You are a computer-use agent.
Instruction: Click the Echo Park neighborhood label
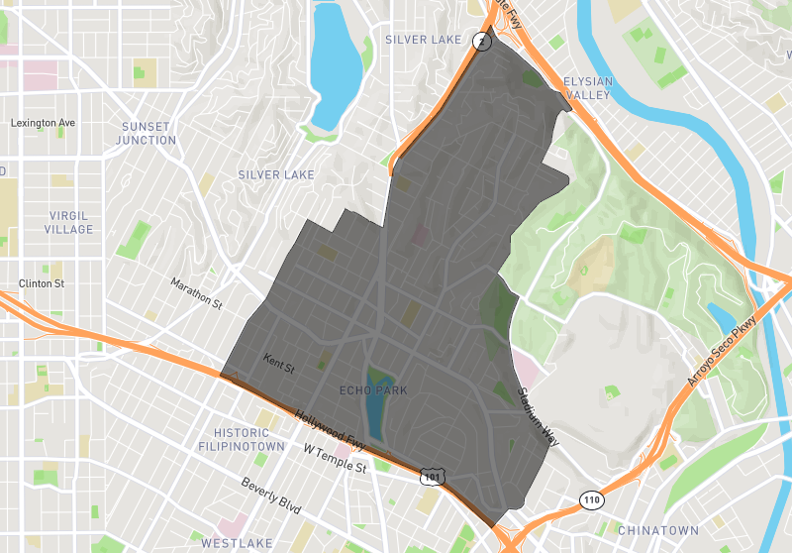tap(373, 390)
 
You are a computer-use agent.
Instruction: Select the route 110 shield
tap(592, 499)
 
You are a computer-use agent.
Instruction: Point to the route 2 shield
tap(481, 41)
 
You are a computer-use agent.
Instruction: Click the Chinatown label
tap(658, 530)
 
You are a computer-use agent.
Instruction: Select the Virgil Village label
tap(69, 222)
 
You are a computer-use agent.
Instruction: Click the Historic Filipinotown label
tap(243, 440)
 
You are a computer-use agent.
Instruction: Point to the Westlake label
tap(231, 543)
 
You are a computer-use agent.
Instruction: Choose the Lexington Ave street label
tap(43, 123)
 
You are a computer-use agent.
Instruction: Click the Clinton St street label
tap(42, 283)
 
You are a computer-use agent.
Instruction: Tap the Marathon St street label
tap(196, 292)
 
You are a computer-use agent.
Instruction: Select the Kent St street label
tap(279, 363)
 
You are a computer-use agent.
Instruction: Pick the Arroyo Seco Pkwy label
tap(722, 352)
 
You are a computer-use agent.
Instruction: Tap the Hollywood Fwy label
tap(331, 428)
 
